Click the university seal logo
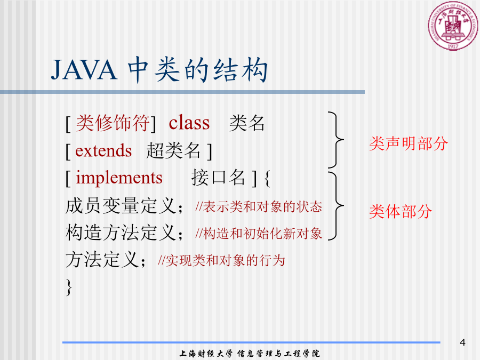pyautogui.click(x=453, y=26)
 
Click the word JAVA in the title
pyautogui.click(x=84, y=70)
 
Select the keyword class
pyautogui.click(x=189, y=123)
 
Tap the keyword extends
pyautogui.click(x=103, y=150)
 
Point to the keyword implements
pyautogui.click(x=119, y=178)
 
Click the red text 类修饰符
pyautogui.click(x=113, y=123)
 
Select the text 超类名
pyautogui.click(x=173, y=150)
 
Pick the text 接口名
pyautogui.click(x=218, y=178)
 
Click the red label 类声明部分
pyautogui.click(x=409, y=143)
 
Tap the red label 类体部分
pyautogui.click(x=401, y=212)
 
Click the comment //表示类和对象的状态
pyautogui.click(x=259, y=206)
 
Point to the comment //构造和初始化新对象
pyautogui.click(x=259, y=234)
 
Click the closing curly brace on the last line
pyautogui.click(x=69, y=287)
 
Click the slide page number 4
pyautogui.click(x=462, y=342)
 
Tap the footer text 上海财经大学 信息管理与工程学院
pyautogui.click(x=250, y=353)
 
